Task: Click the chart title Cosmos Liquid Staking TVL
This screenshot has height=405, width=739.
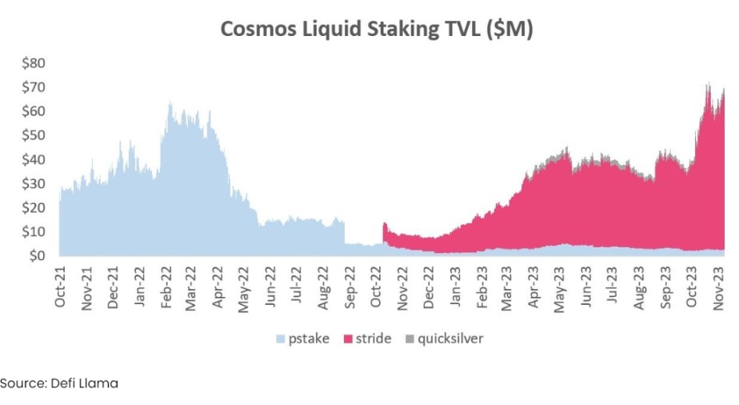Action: tap(377, 29)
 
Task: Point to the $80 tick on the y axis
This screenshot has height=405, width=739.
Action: tap(34, 62)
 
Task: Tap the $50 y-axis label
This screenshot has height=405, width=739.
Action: tap(34, 134)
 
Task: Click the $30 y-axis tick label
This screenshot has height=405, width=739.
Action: tap(34, 183)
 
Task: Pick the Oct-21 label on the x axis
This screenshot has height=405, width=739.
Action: tap(61, 286)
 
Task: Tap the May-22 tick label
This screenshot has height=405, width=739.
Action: tap(244, 286)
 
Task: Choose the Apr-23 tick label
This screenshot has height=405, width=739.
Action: tap(533, 286)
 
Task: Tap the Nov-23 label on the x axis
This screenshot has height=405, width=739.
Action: tap(716, 286)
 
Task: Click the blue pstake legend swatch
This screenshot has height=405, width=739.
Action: tap(280, 339)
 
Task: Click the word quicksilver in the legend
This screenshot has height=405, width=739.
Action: tap(449, 339)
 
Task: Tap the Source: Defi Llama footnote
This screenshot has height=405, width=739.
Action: tap(59, 383)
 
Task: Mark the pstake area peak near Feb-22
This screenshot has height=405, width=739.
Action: tap(170, 103)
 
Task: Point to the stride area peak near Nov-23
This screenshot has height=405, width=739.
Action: tap(708, 83)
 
